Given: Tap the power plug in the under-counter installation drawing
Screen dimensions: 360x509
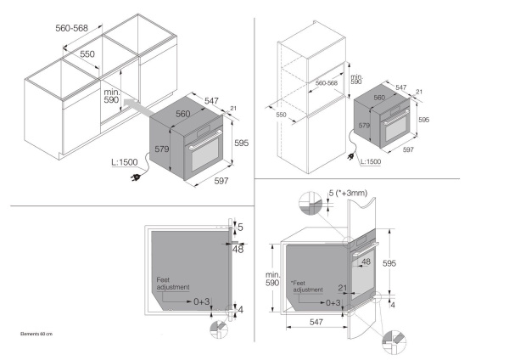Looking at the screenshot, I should point(137,177).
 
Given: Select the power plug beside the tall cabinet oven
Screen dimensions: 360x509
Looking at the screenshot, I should point(348,153).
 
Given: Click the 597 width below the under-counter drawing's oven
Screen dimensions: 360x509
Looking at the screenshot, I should point(221,180).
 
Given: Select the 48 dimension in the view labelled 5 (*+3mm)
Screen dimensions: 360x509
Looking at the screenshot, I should point(366,262).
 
